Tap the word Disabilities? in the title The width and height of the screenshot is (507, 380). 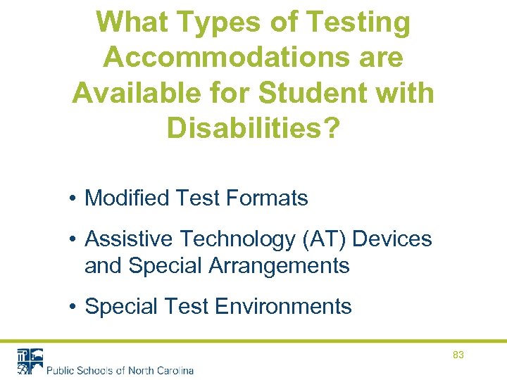(x=253, y=127)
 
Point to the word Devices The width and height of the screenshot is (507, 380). (x=392, y=239)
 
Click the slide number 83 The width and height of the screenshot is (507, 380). (x=458, y=355)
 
